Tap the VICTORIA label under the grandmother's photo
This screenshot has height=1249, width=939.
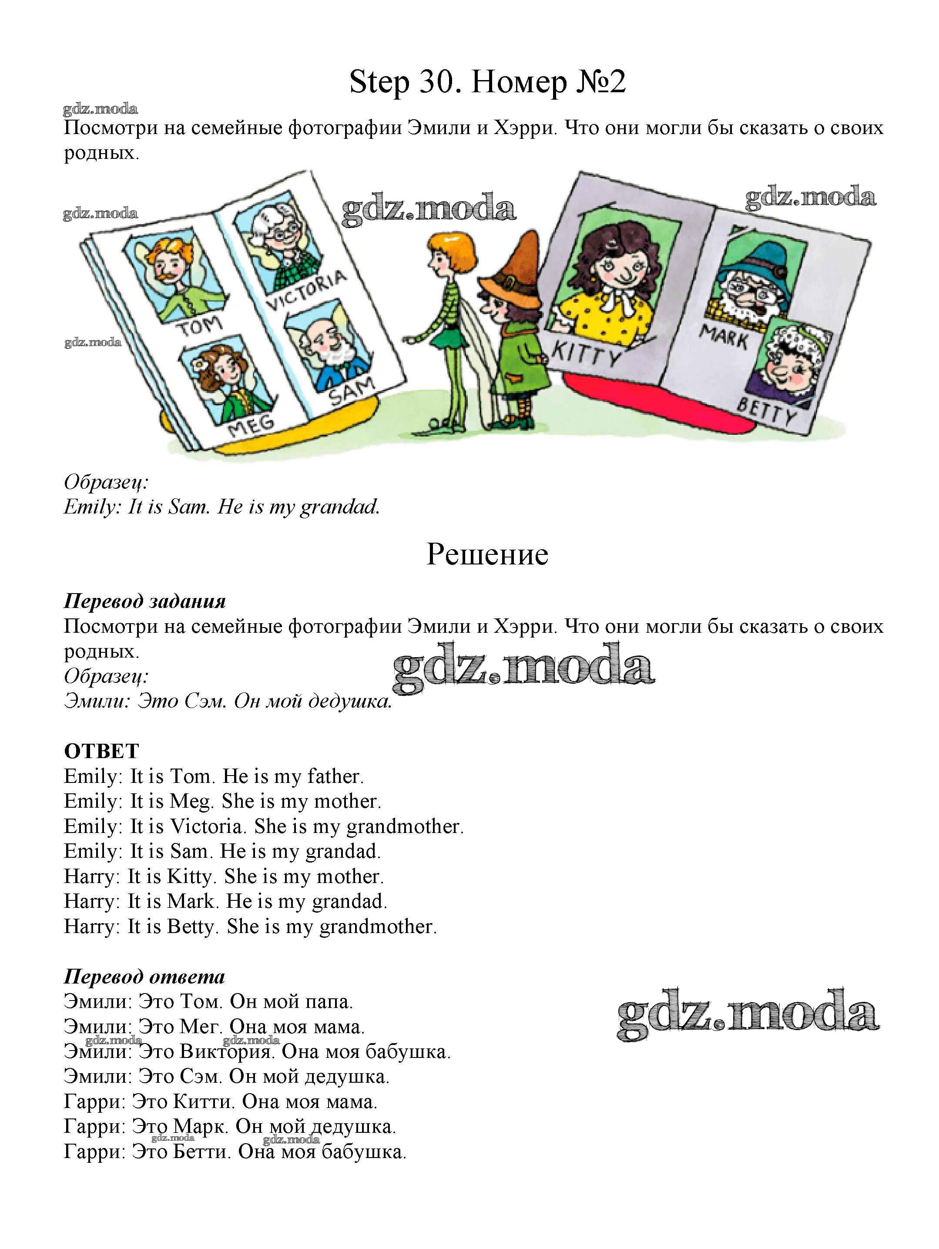[305, 290]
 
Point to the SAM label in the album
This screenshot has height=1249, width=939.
[351, 391]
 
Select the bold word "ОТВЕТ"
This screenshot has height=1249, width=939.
[102, 751]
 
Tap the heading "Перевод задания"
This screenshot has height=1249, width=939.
[144, 601]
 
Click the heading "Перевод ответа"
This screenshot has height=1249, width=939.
[144, 976]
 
